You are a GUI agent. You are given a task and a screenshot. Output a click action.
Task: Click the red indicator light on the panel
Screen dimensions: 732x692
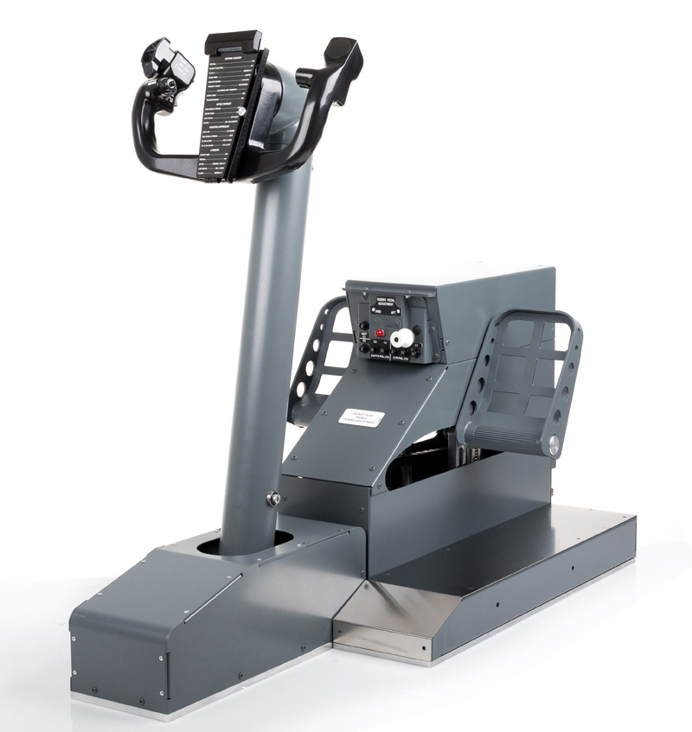tap(379, 334)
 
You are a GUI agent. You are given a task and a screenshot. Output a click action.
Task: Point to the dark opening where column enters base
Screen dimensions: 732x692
tap(212, 548)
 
